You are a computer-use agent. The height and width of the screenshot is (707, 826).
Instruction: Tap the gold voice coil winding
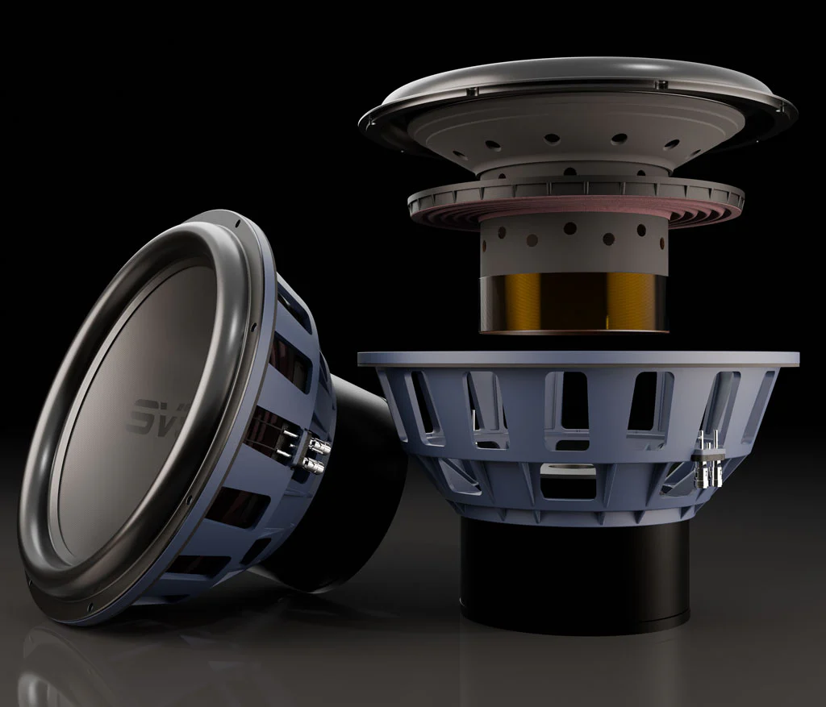click(x=574, y=302)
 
